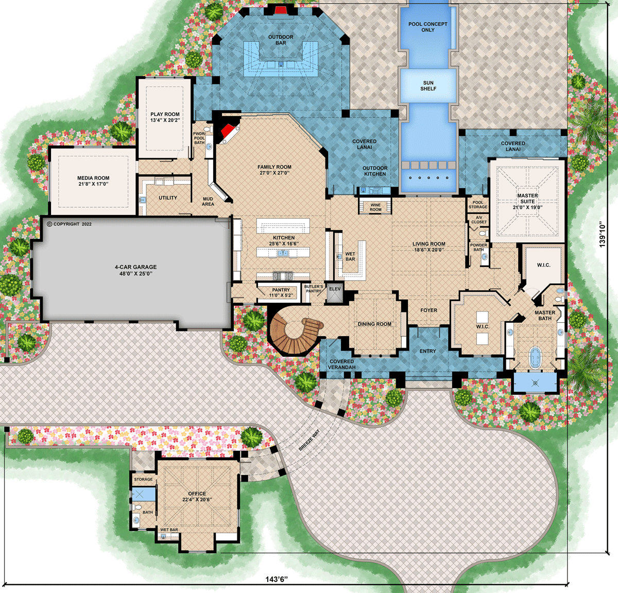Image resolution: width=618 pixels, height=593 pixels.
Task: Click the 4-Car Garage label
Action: pos(135,267)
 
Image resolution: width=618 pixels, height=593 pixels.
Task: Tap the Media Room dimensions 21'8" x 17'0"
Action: pos(93,184)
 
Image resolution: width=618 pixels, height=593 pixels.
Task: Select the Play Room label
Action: pos(165,114)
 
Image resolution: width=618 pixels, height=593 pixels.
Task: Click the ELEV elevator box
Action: pos(335,289)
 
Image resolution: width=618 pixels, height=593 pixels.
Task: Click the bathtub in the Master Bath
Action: pos(536,357)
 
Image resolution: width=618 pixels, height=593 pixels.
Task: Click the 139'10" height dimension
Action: pos(603,235)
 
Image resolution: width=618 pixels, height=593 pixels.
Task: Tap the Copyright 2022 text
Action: pos(69,224)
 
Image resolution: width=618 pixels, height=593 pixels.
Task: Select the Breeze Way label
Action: pos(309,440)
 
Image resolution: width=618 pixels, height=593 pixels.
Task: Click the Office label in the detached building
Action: pos(197,493)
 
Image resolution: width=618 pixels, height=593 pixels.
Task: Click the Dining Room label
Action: pos(374,324)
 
